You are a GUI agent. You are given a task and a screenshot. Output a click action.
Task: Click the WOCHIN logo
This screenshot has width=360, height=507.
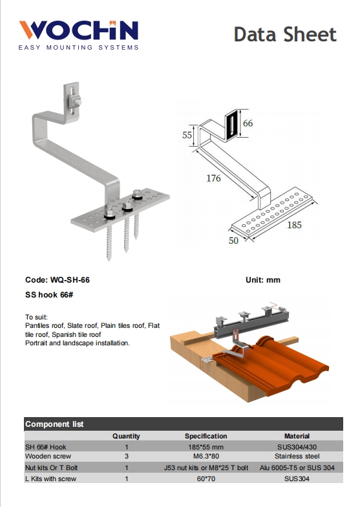pos(78,30)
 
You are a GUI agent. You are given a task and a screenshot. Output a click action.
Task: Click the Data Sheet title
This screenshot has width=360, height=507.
pos(285,34)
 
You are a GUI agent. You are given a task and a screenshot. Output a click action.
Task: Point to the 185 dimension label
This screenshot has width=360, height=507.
pos(294,226)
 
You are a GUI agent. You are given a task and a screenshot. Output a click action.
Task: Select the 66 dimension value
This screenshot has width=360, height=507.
pos(248,123)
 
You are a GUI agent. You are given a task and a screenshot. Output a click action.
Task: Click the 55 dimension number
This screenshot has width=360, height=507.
pos(187,135)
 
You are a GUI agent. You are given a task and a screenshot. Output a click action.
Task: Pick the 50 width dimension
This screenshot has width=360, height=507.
pos(233,241)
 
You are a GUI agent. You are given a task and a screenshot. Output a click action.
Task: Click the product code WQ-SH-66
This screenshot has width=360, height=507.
pos(66,281)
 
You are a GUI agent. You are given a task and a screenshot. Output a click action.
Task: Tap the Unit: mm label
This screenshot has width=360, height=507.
pos(262,281)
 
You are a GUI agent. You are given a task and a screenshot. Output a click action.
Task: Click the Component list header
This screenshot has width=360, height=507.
pos(54,424)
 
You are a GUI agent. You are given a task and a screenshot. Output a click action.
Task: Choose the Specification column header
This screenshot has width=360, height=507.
pos(206,437)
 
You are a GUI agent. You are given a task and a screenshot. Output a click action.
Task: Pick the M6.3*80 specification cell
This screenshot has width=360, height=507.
pos(206,456)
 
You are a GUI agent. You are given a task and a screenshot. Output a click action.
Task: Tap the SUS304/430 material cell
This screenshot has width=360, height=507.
pos(297,446)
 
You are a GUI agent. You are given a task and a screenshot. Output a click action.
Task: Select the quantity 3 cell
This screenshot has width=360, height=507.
pos(126,456)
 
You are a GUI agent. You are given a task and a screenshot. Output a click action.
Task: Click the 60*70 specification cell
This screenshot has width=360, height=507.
pos(206,479)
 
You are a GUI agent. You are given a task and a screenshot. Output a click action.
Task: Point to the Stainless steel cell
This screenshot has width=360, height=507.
pos(297,456)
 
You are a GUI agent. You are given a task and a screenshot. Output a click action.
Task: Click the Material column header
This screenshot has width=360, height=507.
pos(297,437)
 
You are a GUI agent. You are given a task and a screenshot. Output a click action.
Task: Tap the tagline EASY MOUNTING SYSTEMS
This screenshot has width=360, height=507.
pos(78,48)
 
